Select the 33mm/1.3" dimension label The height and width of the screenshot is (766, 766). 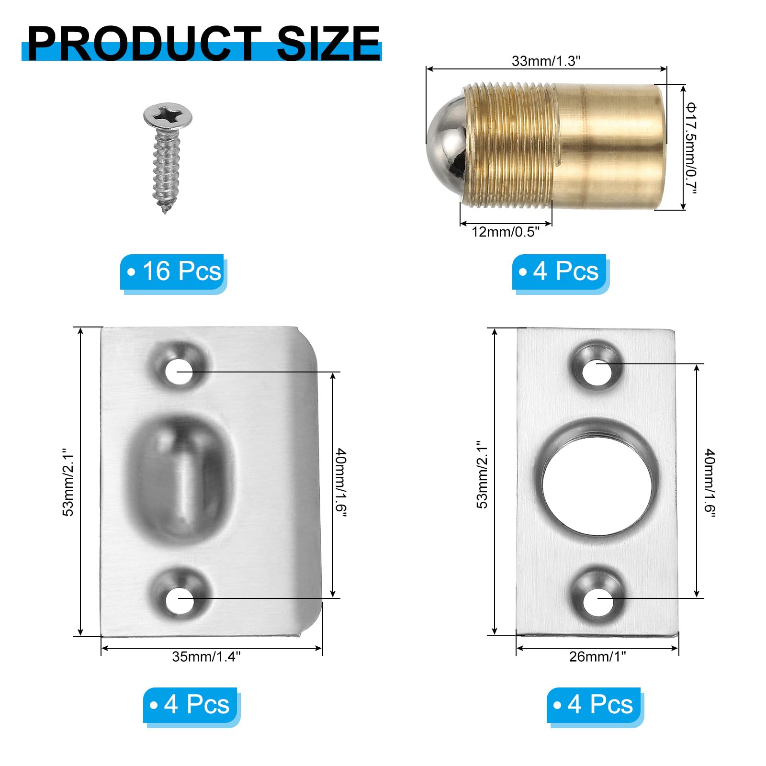coord(546,61)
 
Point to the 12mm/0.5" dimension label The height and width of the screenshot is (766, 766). coord(506,232)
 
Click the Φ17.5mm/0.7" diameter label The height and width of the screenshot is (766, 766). coord(690,148)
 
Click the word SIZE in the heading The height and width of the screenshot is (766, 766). coord(328,44)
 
